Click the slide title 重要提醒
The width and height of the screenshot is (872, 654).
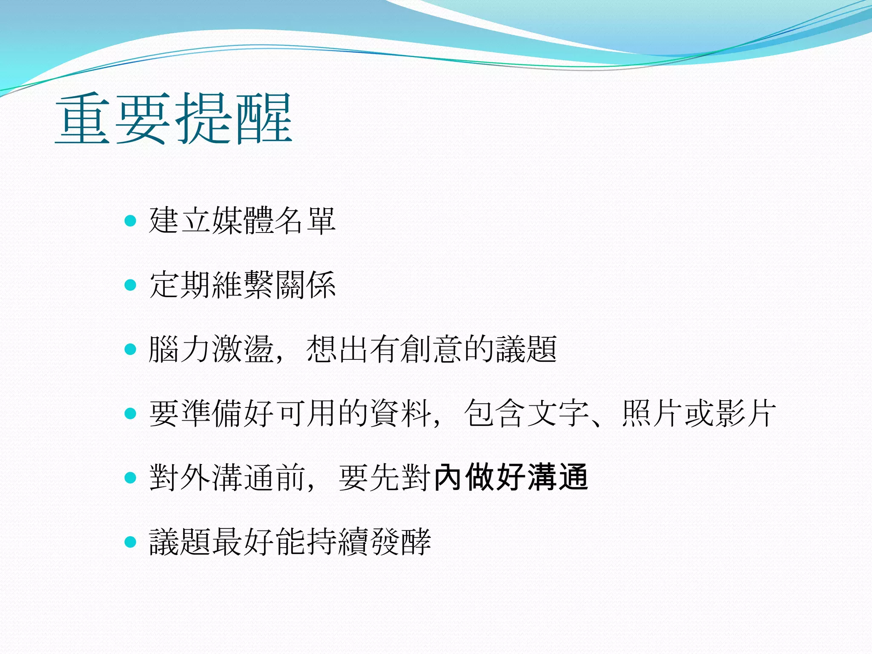pyautogui.click(x=174, y=119)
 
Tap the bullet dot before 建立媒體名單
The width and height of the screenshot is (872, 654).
pyautogui.click(x=130, y=221)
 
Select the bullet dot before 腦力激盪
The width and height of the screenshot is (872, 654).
pyautogui.click(x=130, y=349)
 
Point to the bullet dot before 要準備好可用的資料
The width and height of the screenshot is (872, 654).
pyautogui.click(x=130, y=413)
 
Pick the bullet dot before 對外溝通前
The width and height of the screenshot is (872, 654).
pyautogui.click(x=130, y=477)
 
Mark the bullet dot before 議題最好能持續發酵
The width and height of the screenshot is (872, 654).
pyautogui.click(x=130, y=542)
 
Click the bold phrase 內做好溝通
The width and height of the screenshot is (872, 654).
pyautogui.click(x=511, y=477)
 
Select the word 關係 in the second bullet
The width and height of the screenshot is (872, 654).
pyautogui.click(x=305, y=284)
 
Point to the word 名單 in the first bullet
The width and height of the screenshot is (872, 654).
pyautogui.click(x=305, y=221)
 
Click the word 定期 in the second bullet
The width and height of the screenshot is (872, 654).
pyautogui.click(x=180, y=284)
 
